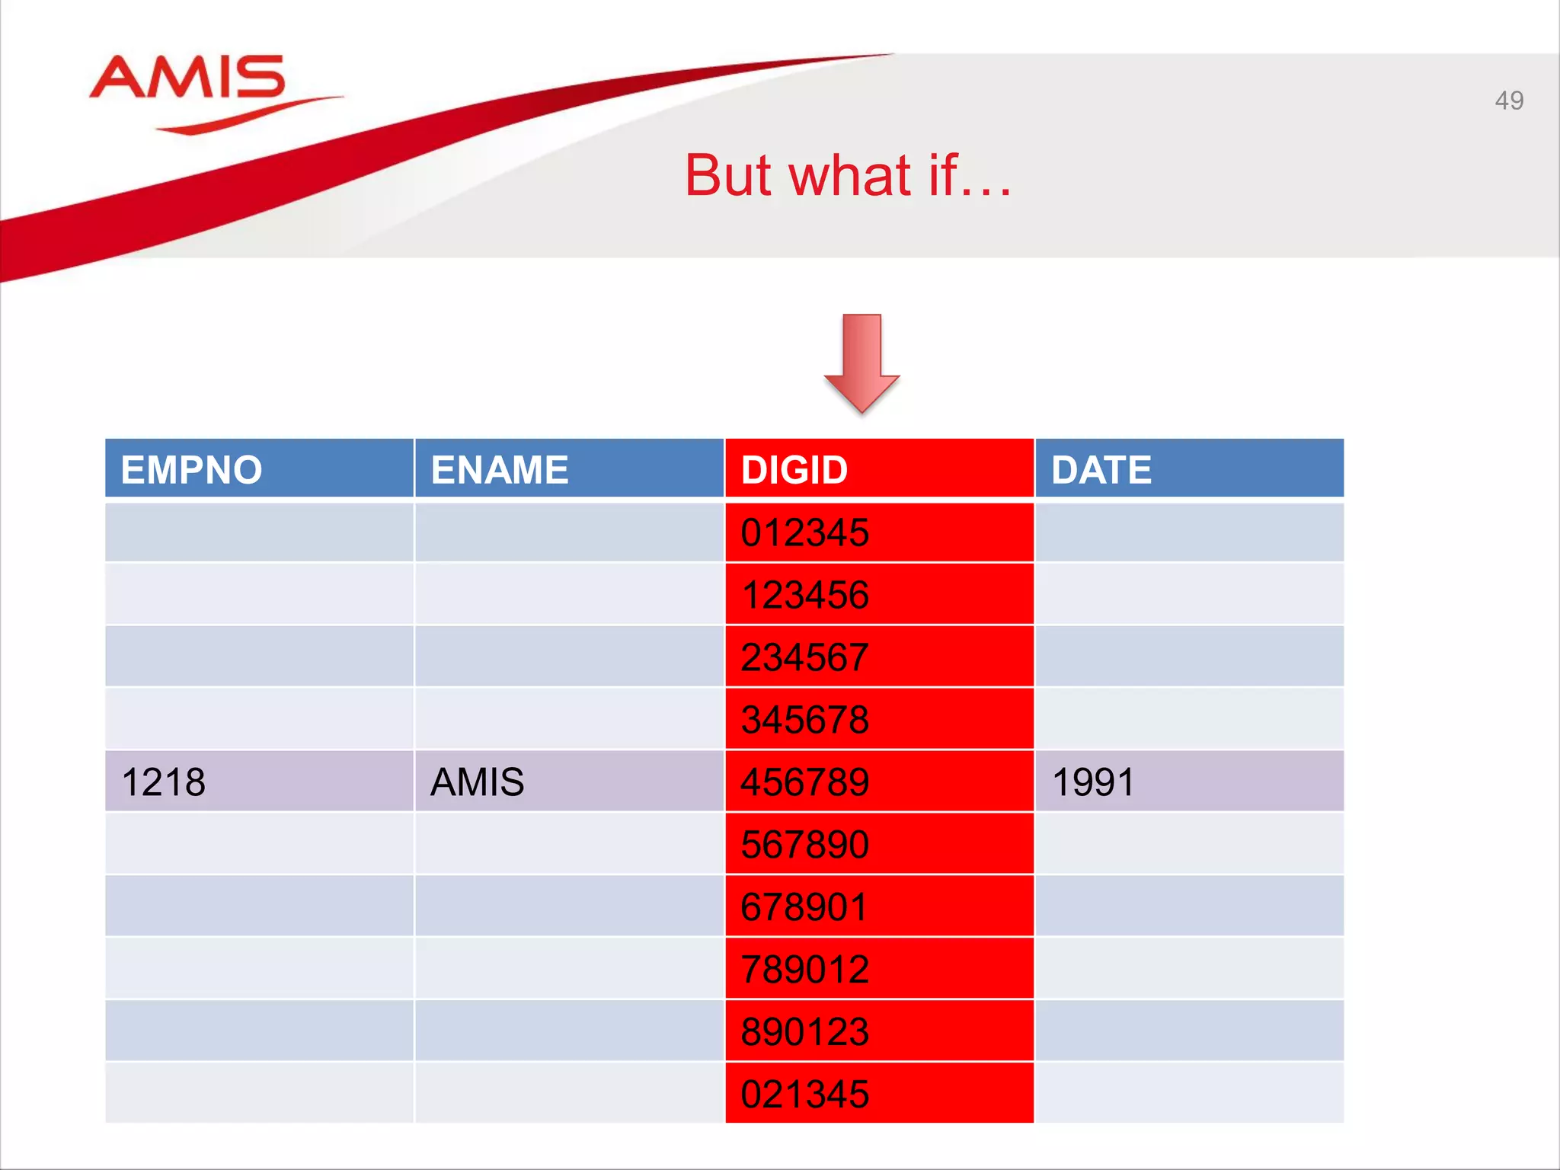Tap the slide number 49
pyautogui.click(x=1508, y=101)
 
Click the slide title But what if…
pyautogui.click(x=848, y=176)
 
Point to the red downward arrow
pyautogui.click(x=862, y=363)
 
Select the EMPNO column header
pyautogui.click(x=191, y=470)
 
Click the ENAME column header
pyautogui.click(x=500, y=470)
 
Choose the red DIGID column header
pyautogui.click(x=794, y=470)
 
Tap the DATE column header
pyautogui.click(x=1101, y=470)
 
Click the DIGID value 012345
pyautogui.click(x=804, y=532)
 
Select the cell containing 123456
pyautogui.click(x=804, y=595)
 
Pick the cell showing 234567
pyautogui.click(x=804, y=657)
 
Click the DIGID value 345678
pyautogui.click(x=804, y=720)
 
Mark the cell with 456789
pyautogui.click(x=804, y=782)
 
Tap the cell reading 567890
pyautogui.click(x=804, y=845)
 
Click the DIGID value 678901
pyautogui.click(x=804, y=907)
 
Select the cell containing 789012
pyautogui.click(x=804, y=970)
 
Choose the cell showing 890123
pyautogui.click(x=804, y=1032)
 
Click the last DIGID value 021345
pyautogui.click(x=804, y=1095)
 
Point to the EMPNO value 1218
pyautogui.click(x=163, y=782)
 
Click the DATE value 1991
pyautogui.click(x=1093, y=782)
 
